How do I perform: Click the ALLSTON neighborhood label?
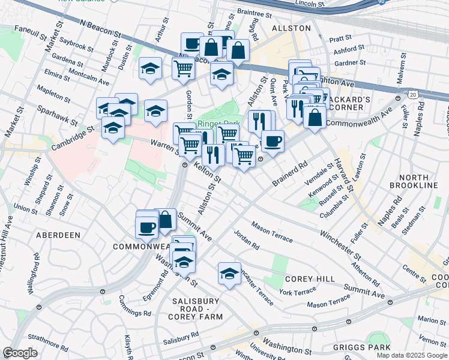(x=291, y=28)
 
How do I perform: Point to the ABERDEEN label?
(x=58, y=235)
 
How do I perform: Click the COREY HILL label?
(x=305, y=279)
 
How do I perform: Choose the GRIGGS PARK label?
(x=363, y=347)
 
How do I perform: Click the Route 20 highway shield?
(x=413, y=95)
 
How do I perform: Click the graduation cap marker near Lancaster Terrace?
(x=229, y=273)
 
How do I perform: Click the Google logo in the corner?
(x=20, y=353)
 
